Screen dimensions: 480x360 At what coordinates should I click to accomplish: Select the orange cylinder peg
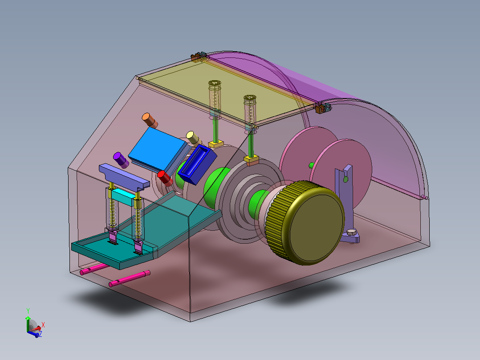tap(150, 120)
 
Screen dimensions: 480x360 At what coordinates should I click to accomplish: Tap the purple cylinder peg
tap(121, 160)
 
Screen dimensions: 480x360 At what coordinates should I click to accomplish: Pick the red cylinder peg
tap(165, 179)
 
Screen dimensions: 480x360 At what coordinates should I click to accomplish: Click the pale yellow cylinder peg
tap(193, 138)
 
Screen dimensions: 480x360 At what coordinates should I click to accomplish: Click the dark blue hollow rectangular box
tap(197, 164)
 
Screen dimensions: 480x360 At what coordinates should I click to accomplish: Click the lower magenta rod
tap(130, 278)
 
